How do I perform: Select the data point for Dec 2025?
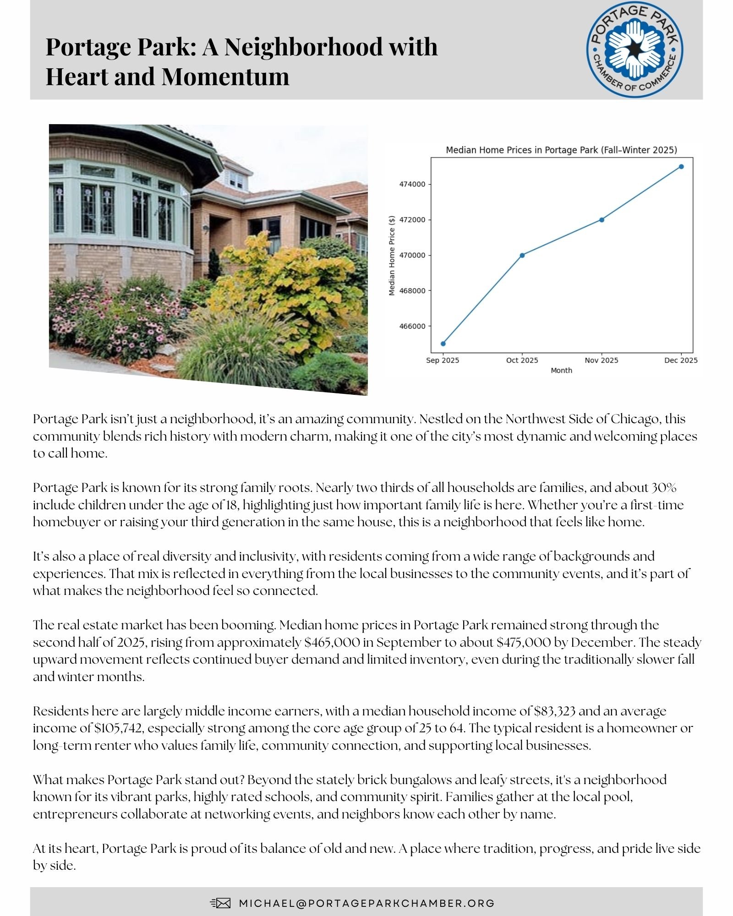(681, 167)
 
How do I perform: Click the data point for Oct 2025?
(522, 255)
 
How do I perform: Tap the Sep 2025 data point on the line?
(443, 343)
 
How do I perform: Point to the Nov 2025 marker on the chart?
(602, 220)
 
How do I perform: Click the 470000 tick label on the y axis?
(412, 255)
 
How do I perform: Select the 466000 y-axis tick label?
(412, 326)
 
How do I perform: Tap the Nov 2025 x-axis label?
(601, 360)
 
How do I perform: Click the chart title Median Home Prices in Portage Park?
(561, 150)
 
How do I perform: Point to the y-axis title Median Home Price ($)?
(392, 255)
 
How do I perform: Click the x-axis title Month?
(561, 371)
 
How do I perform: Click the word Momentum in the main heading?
(225, 76)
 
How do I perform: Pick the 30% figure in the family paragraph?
(664, 487)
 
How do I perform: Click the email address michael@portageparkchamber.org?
(366, 903)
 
